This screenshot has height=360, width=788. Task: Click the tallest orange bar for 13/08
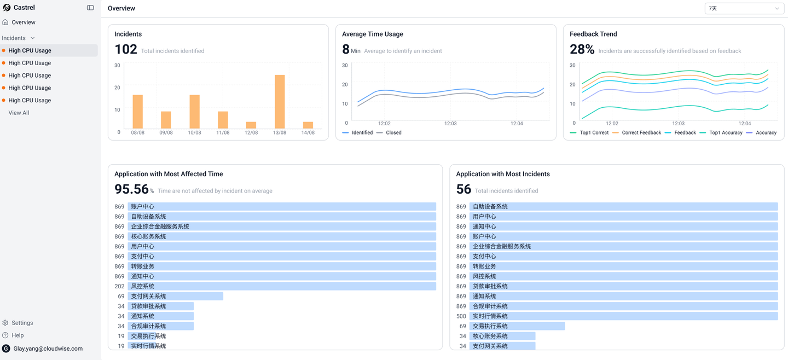[x=280, y=102]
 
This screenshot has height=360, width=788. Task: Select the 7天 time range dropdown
[x=744, y=8]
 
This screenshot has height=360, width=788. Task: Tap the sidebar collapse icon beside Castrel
[x=90, y=8]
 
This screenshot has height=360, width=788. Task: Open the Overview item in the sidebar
[x=23, y=22]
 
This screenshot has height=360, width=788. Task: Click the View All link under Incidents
[x=19, y=113]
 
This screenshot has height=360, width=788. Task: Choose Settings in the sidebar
[x=22, y=323]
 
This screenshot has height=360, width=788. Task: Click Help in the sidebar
[x=18, y=335]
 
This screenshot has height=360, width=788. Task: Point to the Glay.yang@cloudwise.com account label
[x=48, y=349]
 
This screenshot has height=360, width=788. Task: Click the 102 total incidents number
[x=126, y=49]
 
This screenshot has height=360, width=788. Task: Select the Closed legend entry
[x=393, y=132]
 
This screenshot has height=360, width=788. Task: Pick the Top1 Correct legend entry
[x=594, y=132]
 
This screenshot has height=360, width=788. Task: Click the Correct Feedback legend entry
[x=641, y=132]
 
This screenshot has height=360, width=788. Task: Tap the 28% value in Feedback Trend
[x=582, y=49]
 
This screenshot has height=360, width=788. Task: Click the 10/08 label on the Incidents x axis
[x=194, y=133]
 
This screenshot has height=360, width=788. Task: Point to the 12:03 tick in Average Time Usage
[x=450, y=124]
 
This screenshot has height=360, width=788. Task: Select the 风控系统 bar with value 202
[x=282, y=286]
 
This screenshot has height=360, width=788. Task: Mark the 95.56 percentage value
[x=132, y=189]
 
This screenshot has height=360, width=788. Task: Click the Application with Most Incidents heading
[x=503, y=174]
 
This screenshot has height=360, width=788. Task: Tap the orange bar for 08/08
[x=138, y=112]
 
